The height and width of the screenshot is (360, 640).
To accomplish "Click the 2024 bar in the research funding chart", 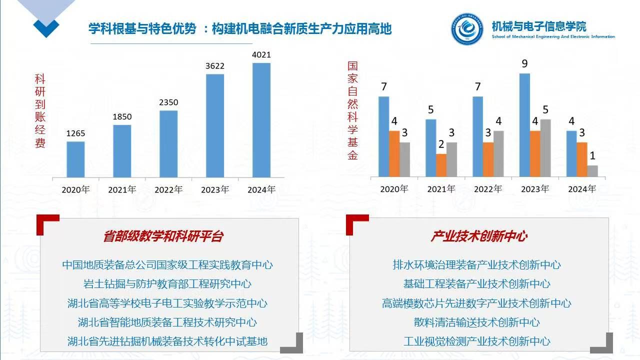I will (261, 120).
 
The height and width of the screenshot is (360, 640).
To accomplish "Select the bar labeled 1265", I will (75, 159).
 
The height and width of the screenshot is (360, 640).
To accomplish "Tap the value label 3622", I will (215, 65).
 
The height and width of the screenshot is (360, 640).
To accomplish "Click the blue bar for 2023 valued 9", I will (524, 125).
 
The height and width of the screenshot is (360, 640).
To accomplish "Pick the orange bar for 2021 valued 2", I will (440, 165).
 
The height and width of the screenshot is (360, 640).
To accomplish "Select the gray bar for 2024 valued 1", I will (592, 171).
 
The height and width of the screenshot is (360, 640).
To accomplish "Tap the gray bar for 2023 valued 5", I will (545, 148).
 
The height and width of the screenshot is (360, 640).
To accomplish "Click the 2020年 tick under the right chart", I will (394, 189).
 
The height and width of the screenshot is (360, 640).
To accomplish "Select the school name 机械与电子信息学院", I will (538, 26).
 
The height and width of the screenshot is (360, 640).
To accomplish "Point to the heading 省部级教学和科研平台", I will (163, 236).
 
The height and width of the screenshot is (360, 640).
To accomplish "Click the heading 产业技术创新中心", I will (478, 236).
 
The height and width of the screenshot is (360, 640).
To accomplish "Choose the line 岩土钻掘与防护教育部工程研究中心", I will (167, 284).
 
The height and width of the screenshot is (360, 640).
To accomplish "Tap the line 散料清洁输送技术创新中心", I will (476, 322).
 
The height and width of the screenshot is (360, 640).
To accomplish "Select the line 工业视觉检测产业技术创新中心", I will (476, 341).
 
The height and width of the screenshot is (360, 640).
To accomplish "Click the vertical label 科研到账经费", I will (40, 111).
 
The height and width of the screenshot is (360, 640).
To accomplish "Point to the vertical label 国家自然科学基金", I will (353, 110).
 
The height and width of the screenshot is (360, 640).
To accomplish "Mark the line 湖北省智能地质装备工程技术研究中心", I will (167, 322).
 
